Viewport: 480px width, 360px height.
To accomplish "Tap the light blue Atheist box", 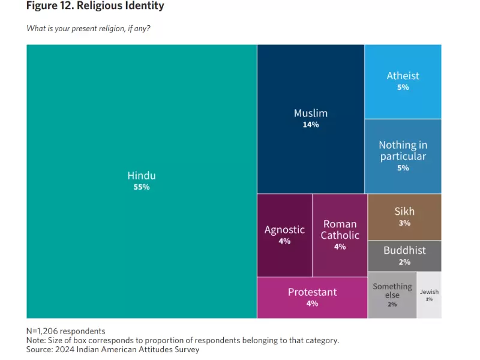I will point(403,81).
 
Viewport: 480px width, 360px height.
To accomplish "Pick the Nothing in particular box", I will point(403,155).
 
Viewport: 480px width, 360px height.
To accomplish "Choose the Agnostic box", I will point(284,235).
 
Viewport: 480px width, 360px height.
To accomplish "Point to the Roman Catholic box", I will point(340,235).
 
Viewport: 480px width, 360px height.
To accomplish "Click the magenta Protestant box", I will point(312,297).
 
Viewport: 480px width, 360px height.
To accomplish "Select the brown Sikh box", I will point(404,217).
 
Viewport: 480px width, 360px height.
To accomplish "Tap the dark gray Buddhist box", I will point(404,256).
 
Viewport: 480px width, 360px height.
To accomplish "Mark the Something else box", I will point(392,295).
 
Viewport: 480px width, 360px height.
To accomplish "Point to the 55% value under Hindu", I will point(142,187).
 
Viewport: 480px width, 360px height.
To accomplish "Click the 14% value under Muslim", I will point(311,125).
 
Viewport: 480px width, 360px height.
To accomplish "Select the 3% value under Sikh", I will point(404,223).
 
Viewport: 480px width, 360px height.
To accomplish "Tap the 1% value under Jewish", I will point(429,299).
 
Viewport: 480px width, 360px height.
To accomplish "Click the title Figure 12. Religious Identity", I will point(95,6).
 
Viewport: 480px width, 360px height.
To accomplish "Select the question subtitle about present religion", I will point(88,28).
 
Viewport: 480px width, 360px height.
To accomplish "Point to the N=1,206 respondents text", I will point(65,331).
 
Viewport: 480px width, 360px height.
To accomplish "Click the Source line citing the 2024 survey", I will point(112,349).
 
